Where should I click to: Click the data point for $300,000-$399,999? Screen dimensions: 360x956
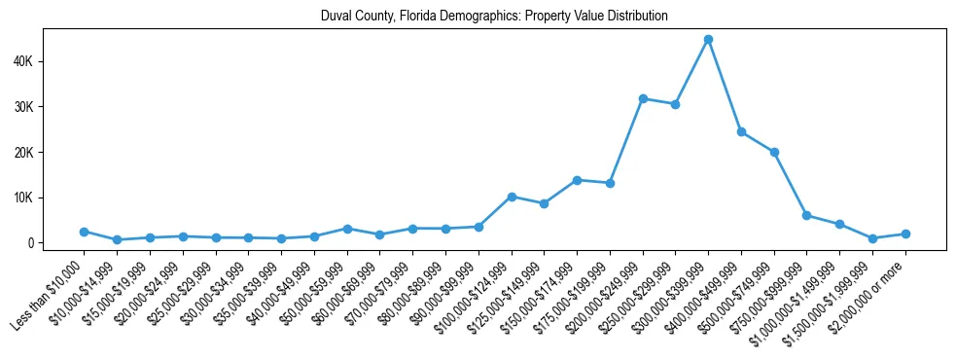708,39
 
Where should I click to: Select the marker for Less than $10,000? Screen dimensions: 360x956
85,232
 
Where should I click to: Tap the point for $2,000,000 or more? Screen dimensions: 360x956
905,234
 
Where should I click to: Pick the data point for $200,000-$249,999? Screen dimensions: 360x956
643,98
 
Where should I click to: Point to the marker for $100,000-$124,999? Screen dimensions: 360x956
512,197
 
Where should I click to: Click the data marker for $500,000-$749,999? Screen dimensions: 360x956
774,152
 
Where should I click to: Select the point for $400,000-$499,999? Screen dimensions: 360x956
741,131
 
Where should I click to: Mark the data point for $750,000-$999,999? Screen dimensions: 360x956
806,215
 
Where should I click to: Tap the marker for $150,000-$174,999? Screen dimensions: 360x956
577,180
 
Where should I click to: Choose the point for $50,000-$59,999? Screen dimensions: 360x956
347,229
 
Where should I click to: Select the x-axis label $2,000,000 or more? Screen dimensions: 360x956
868,291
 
